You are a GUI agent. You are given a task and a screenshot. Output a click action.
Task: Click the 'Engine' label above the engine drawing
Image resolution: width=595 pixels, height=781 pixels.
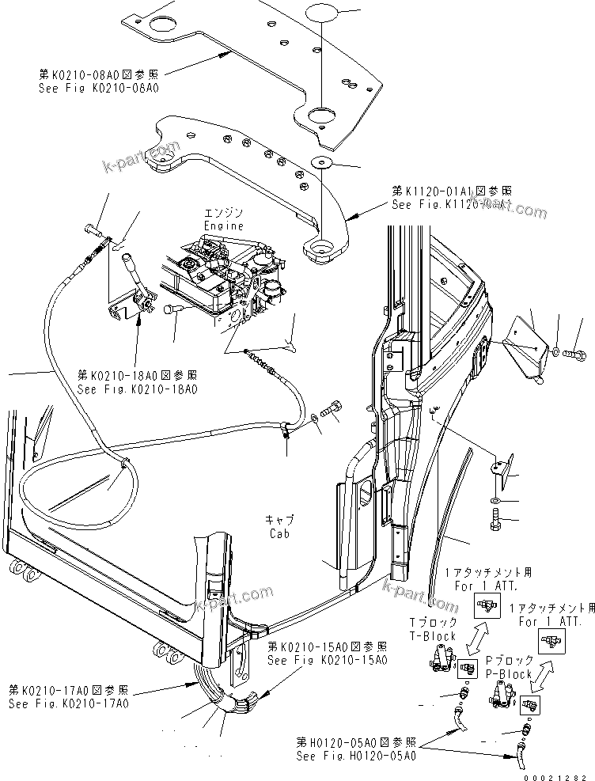(223, 225)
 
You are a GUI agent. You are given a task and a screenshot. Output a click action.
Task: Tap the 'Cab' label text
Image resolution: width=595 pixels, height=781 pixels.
(279, 534)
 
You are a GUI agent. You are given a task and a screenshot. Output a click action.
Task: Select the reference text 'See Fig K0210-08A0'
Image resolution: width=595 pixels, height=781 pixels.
(98, 89)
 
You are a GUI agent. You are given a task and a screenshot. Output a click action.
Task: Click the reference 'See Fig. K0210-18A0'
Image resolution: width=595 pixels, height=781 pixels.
(137, 389)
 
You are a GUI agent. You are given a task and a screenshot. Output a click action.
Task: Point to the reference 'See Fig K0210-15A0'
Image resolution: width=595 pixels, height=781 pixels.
(327, 659)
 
